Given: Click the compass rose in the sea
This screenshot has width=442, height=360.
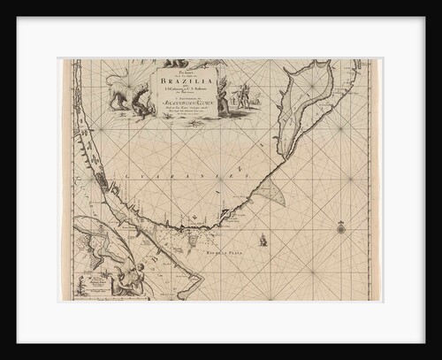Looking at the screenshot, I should (x=340, y=228).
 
